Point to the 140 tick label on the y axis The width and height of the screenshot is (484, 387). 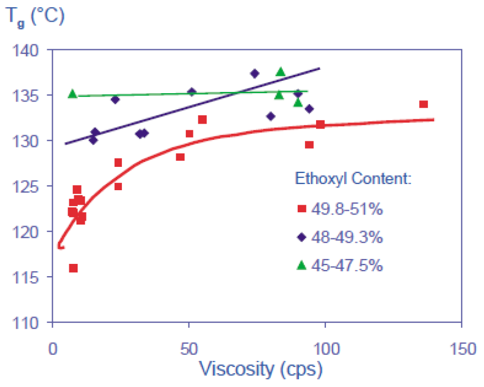(29, 50)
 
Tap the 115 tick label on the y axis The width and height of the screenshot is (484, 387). (29, 277)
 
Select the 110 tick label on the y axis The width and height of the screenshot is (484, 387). (29, 322)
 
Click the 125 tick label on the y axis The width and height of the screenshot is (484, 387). (29, 186)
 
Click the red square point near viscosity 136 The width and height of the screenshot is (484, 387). (424, 104)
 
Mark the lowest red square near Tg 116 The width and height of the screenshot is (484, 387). (73, 268)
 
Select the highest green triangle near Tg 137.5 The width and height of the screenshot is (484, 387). (281, 72)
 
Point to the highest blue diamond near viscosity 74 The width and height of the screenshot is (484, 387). (254, 73)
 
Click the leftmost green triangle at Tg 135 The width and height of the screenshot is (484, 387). (72, 94)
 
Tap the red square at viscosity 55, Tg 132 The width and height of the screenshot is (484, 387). (202, 120)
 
